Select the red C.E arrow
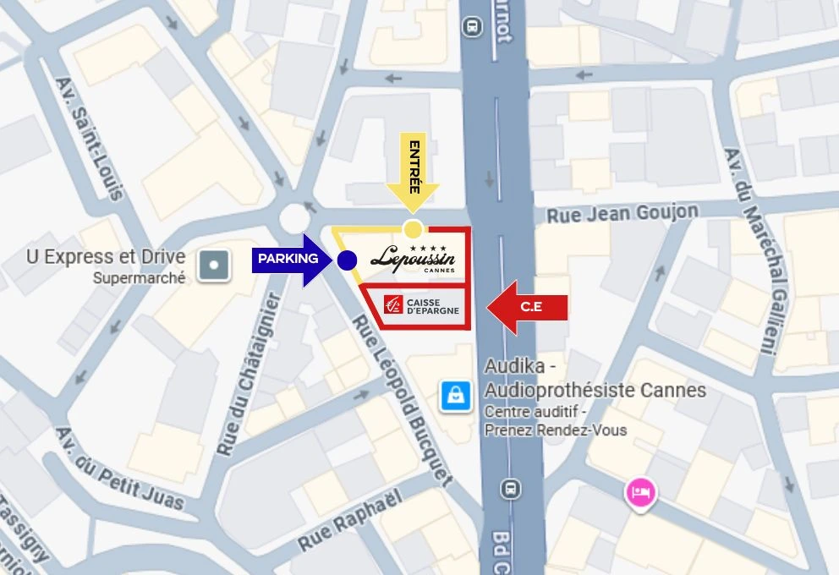[x=526, y=308]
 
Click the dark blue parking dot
[x=346, y=260]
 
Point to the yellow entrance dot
[x=413, y=229]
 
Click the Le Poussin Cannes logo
[x=413, y=258]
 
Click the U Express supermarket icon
[x=213, y=266]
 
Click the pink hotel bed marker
[x=640, y=492]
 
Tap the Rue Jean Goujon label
[x=622, y=213]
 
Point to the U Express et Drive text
[x=105, y=257]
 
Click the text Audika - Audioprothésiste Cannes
[x=595, y=379]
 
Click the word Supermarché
[x=139, y=277]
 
